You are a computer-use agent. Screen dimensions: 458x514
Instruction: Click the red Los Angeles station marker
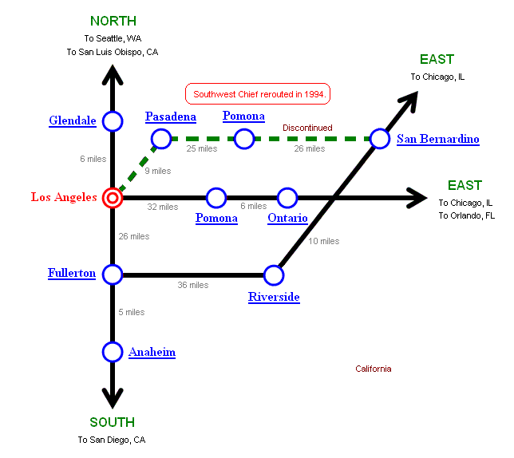pyautogui.click(x=113, y=197)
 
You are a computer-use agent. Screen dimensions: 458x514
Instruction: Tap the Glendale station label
pyautogui.click(x=72, y=121)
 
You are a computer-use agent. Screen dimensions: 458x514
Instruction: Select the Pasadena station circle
pyautogui.click(x=160, y=140)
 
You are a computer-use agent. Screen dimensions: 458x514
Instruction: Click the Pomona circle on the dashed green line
pyautogui.click(x=244, y=140)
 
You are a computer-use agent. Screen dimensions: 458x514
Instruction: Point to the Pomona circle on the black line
pyautogui.click(x=215, y=197)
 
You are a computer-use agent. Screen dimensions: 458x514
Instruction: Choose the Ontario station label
pyautogui.click(x=287, y=218)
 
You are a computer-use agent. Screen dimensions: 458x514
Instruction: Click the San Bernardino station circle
pyautogui.click(x=380, y=140)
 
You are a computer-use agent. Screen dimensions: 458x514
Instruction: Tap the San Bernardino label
pyautogui.click(x=437, y=140)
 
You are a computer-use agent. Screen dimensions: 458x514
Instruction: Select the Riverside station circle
pyautogui.click(x=274, y=274)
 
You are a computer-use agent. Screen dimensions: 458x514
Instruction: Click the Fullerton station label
pyautogui.click(x=72, y=274)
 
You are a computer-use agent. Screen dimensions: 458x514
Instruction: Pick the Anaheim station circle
pyautogui.click(x=113, y=351)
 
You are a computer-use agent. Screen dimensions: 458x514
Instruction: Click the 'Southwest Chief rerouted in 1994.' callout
pyautogui.click(x=258, y=94)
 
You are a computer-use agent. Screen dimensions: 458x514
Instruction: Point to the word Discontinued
pyautogui.click(x=307, y=128)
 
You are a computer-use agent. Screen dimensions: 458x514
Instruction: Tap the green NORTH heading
pyautogui.click(x=113, y=21)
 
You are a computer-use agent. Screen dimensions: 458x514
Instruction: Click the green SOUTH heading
pyautogui.click(x=112, y=422)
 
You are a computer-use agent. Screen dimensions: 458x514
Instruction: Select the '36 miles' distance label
pyautogui.click(x=192, y=286)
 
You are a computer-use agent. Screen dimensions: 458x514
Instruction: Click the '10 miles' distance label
pyautogui.click(x=323, y=241)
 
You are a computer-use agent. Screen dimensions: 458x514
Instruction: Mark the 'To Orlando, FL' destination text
pyautogui.click(x=466, y=215)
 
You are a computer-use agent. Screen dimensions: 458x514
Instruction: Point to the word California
pyautogui.click(x=373, y=369)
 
